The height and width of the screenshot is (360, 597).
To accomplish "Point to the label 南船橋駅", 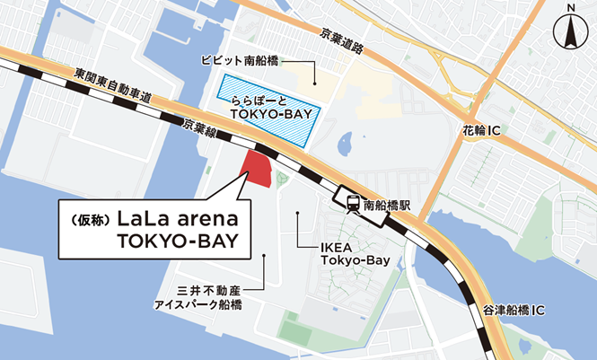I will tap(386, 203).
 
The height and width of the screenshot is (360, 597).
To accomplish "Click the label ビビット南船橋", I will tap(240, 62).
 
